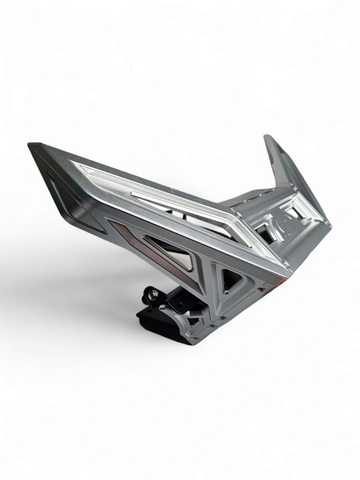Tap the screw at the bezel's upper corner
tap(238, 215)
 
